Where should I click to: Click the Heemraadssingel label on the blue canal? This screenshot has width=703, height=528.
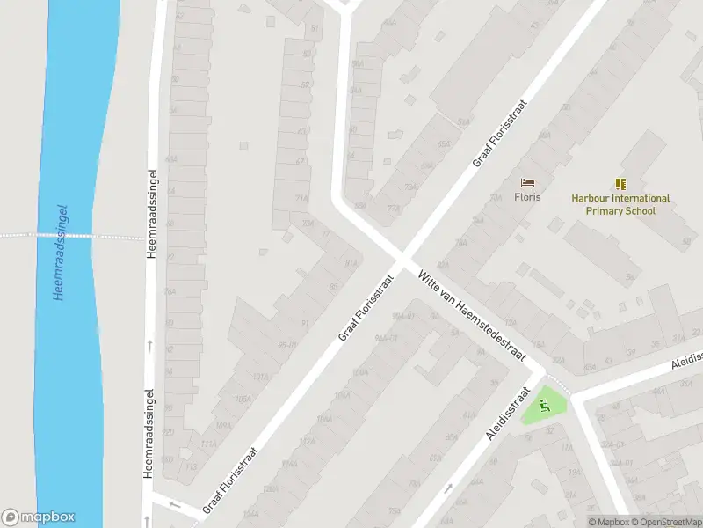click(x=61, y=253)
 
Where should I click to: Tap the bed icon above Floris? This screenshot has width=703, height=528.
click(x=527, y=182)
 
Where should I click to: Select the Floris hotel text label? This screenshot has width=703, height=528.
click(x=527, y=197)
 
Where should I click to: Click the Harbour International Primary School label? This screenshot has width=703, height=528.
click(x=620, y=205)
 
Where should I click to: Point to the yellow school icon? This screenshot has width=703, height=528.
click(x=620, y=183)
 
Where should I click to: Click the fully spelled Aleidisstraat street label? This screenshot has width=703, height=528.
click(x=509, y=413)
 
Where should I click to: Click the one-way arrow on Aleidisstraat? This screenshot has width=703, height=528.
click(x=449, y=488)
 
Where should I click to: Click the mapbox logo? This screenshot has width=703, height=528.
click(x=39, y=517)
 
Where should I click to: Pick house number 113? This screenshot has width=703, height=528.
click(x=192, y=467)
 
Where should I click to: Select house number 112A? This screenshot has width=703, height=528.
click(x=307, y=441)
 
